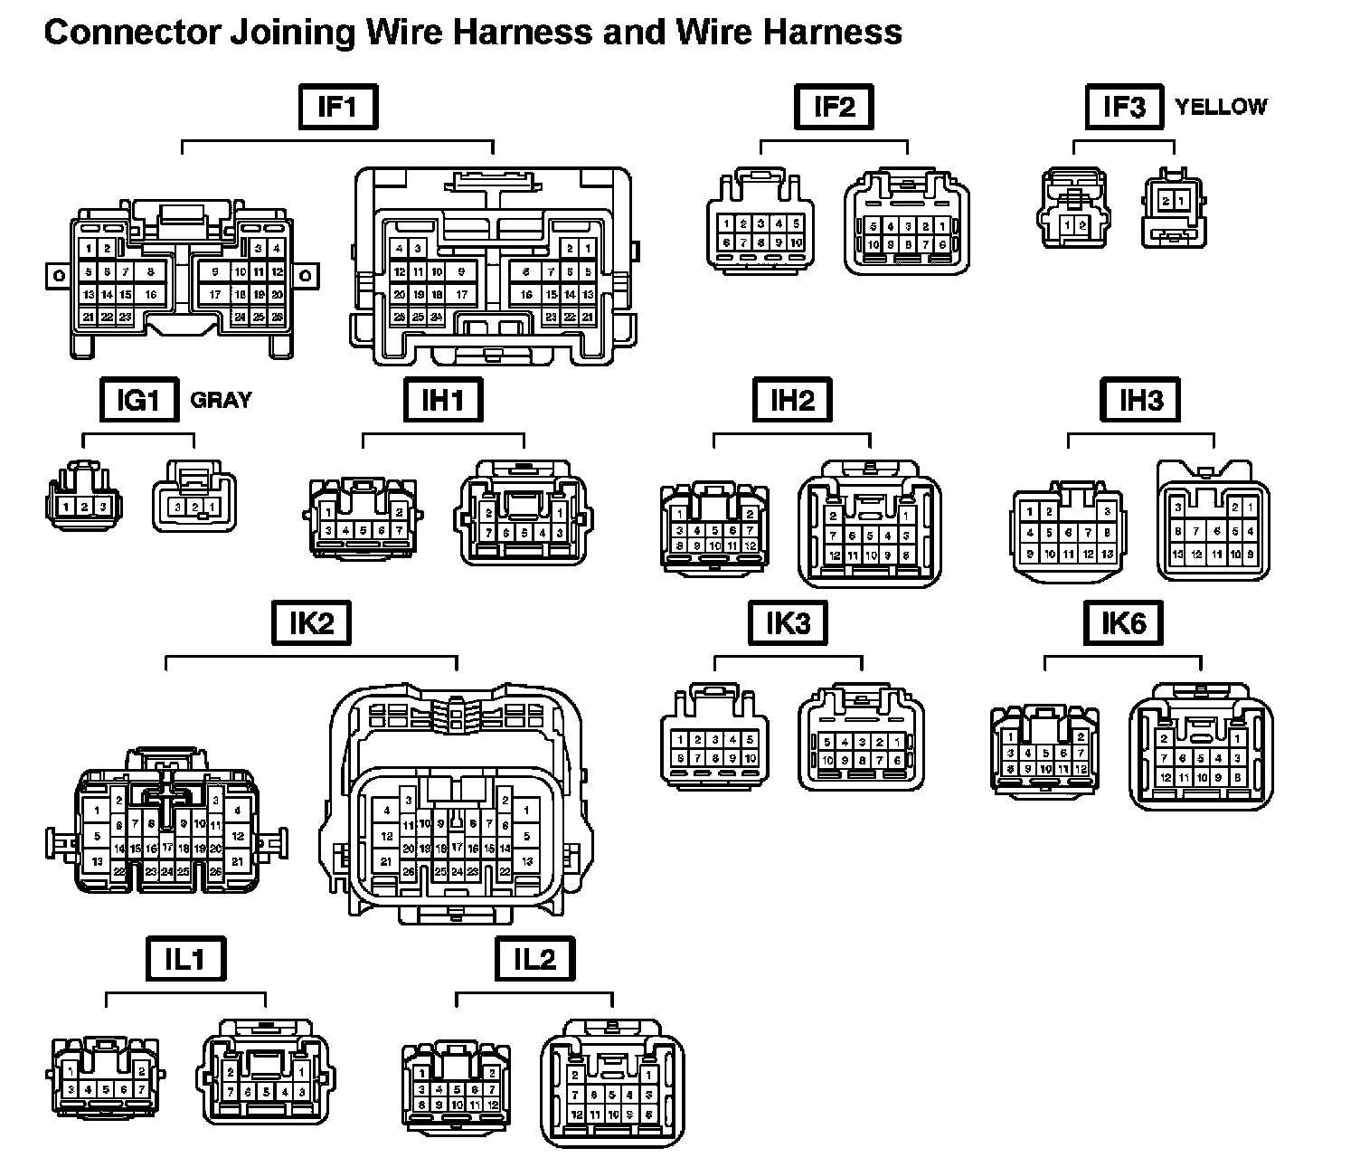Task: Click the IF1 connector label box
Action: pos(337,108)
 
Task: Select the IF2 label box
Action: pos(834,108)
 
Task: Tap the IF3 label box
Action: pos(1124,108)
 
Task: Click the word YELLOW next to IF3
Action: pos(1221,107)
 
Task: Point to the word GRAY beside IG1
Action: pos(221,400)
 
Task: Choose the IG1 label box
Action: pos(138,400)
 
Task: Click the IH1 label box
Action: pos(442,400)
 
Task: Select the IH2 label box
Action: pos(792,400)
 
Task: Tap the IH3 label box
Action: pos(1141,400)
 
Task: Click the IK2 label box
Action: pos(312,623)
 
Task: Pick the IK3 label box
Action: pos(788,623)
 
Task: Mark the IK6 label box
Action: pos(1123,623)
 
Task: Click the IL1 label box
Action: pos(184,959)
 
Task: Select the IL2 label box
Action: pos(534,959)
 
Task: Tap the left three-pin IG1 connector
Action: pos(83,496)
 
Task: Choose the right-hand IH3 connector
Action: pos(1214,522)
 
